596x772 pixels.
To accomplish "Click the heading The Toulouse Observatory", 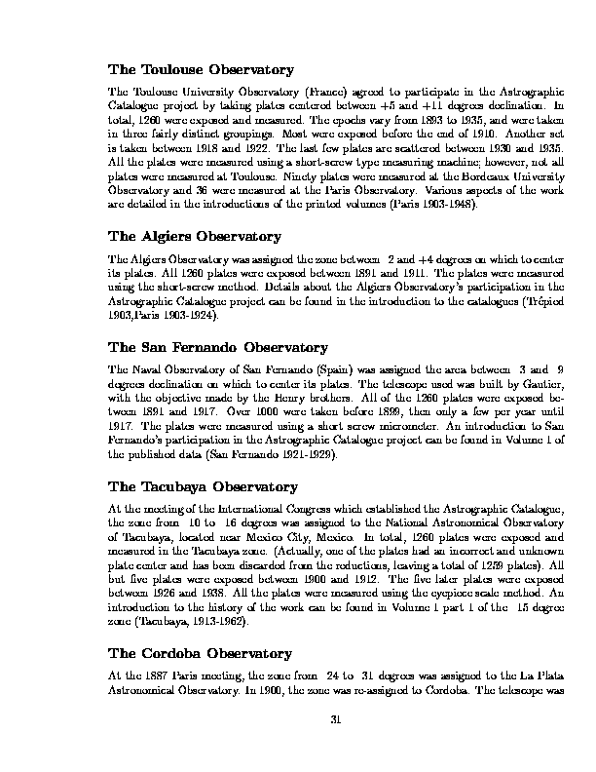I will click(201, 70).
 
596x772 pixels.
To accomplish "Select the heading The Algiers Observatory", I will click(195, 236).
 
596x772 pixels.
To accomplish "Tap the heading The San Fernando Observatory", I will click(218, 347).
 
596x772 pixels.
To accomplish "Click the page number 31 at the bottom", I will click(335, 720).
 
